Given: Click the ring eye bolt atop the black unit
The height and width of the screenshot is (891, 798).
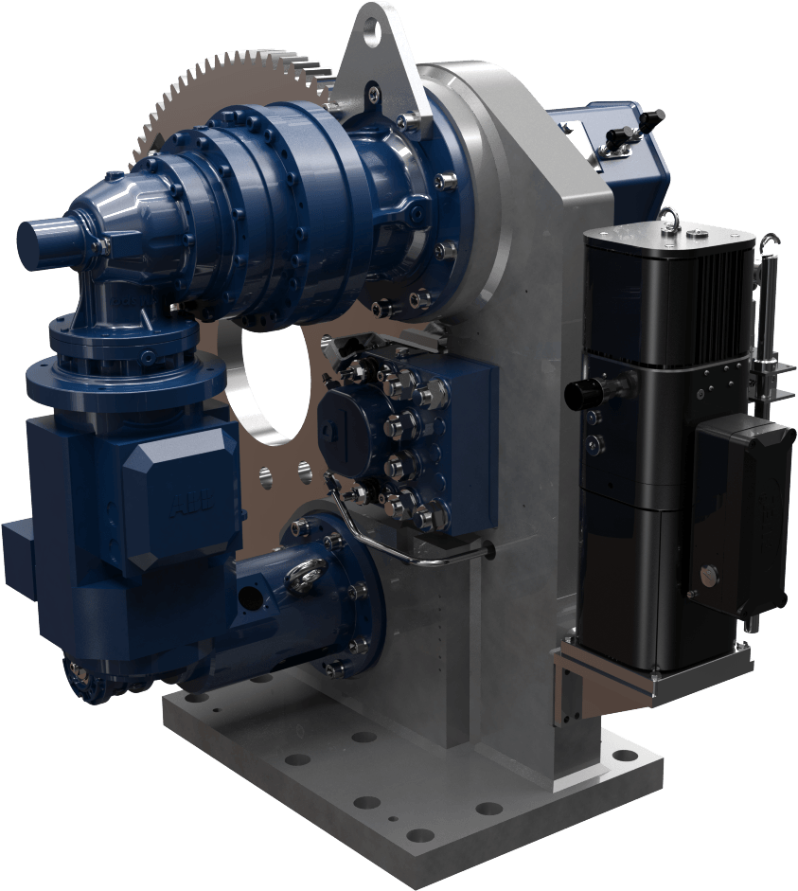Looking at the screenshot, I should point(669,217).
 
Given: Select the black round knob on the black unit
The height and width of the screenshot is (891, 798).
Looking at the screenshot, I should point(577,392).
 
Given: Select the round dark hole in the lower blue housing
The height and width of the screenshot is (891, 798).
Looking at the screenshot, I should point(247,598).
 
